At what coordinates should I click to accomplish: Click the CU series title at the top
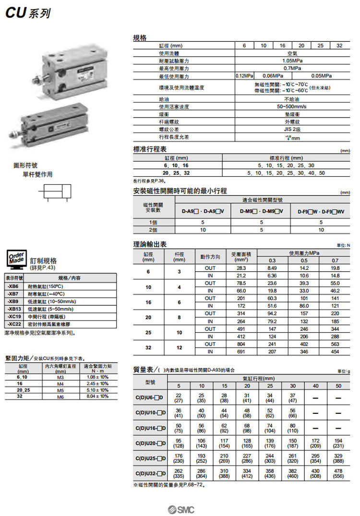point(27,13)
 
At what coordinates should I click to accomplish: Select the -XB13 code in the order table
point(13,309)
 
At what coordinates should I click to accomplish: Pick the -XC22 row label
point(13,324)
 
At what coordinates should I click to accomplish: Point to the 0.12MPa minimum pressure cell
point(244,76)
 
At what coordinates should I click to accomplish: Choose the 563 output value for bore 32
point(335,344)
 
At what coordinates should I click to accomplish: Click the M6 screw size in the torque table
point(60,397)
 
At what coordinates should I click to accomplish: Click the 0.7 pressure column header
point(335,260)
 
